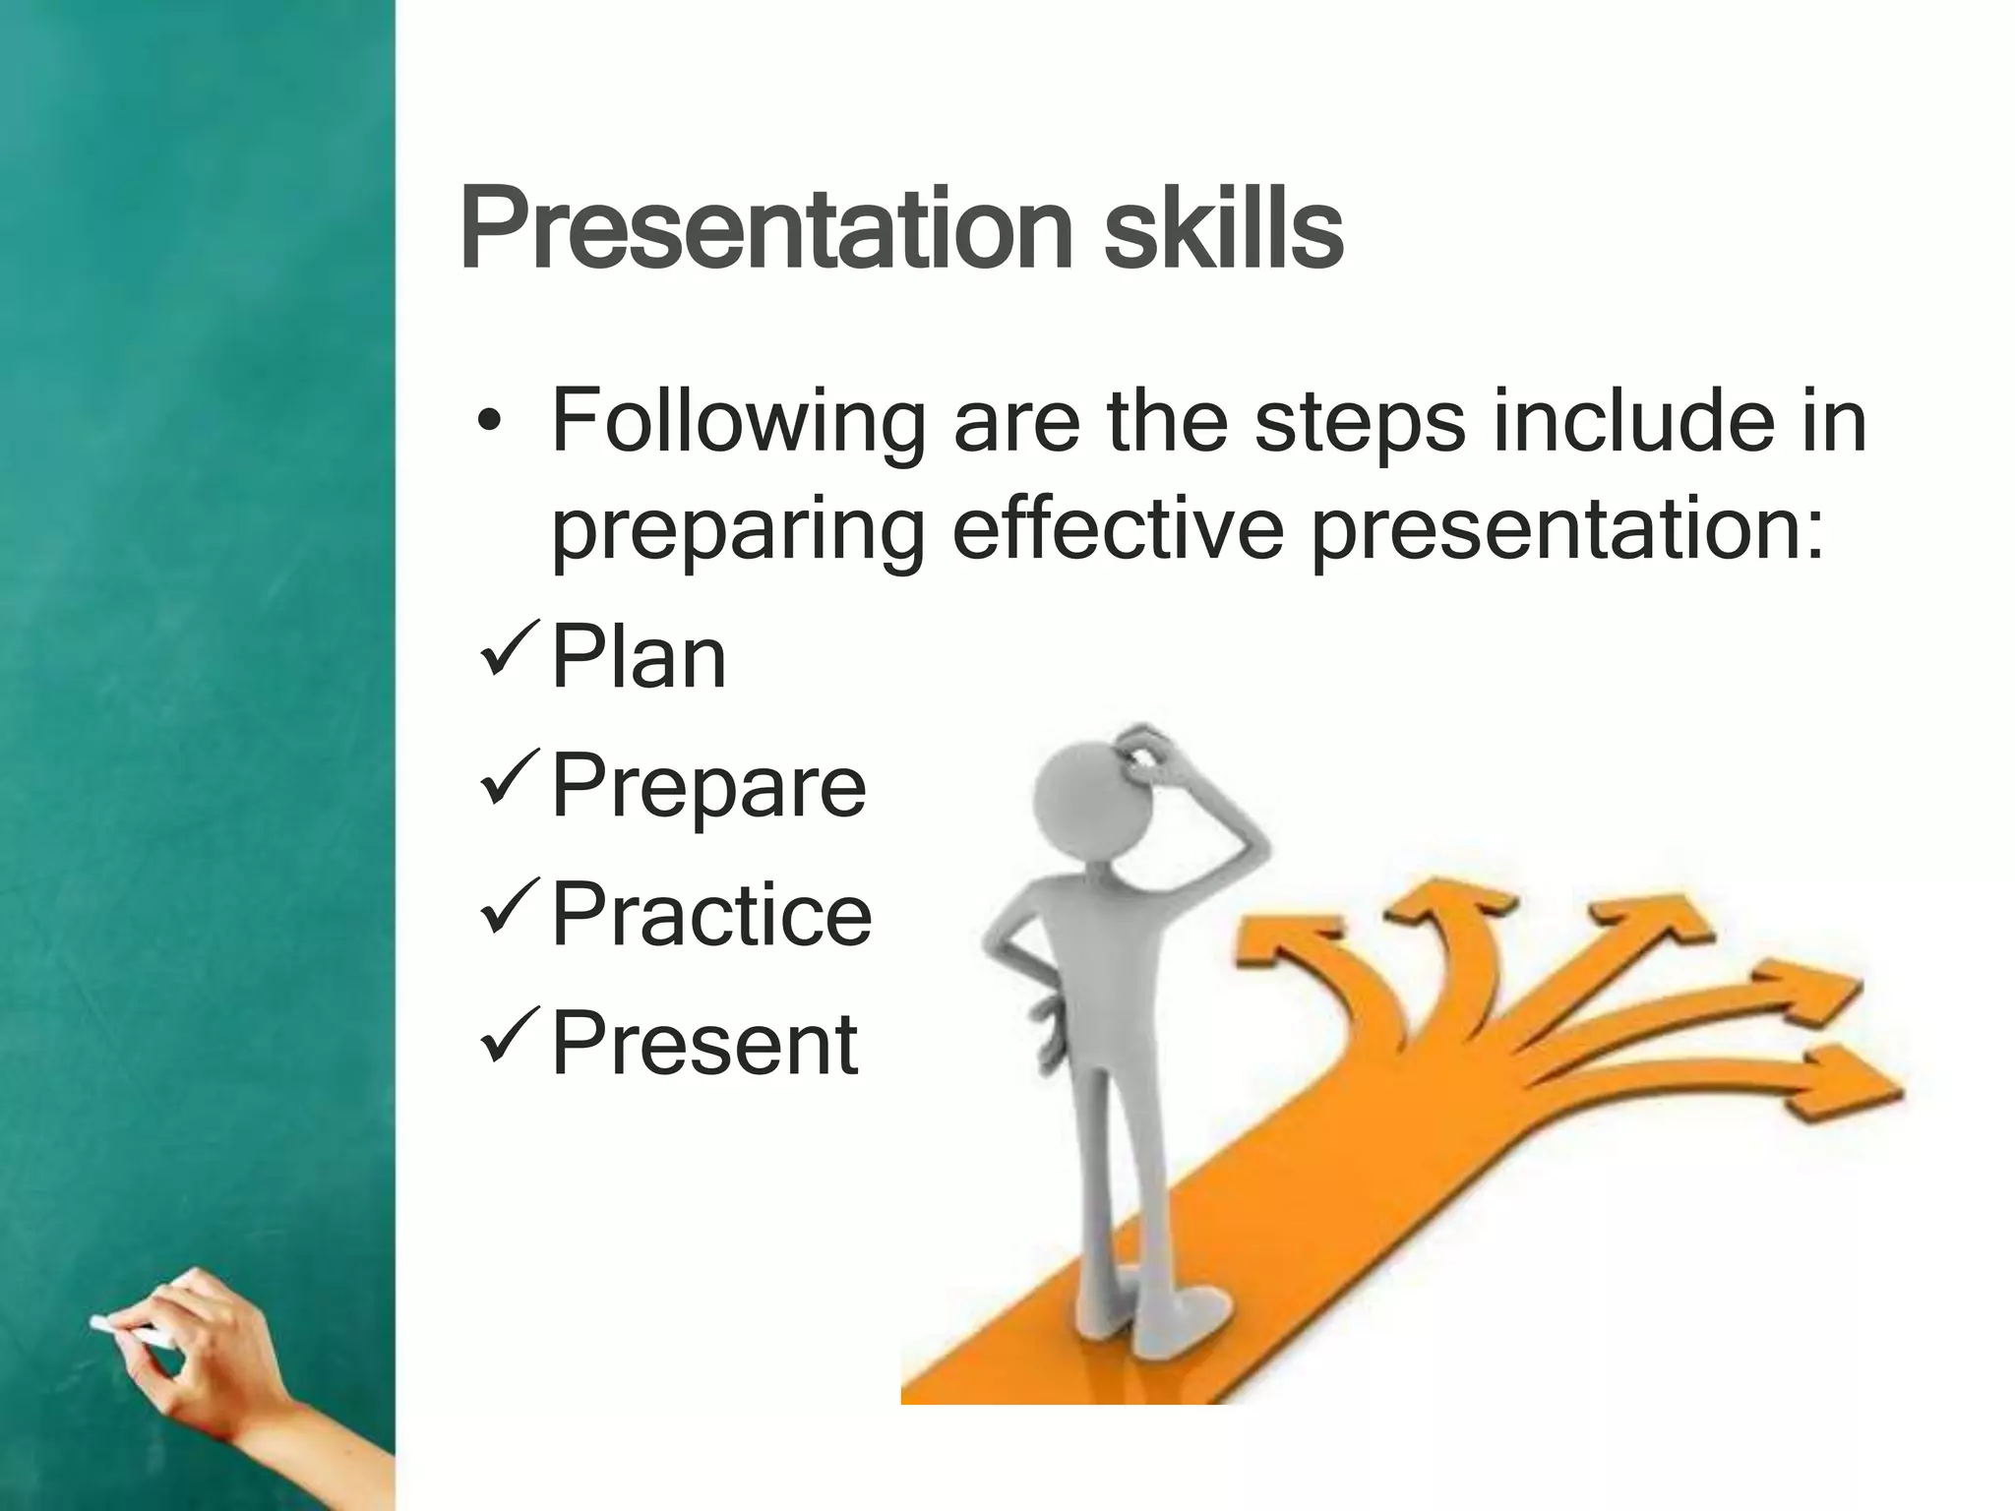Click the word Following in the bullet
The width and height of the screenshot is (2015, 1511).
pos(738,423)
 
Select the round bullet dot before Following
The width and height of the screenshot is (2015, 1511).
pos(489,425)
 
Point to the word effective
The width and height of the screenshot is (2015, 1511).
pos(1118,531)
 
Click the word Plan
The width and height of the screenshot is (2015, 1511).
pos(639,657)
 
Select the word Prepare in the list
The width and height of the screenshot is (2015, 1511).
pos(707,785)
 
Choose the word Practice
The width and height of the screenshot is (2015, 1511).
pos(711,914)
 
